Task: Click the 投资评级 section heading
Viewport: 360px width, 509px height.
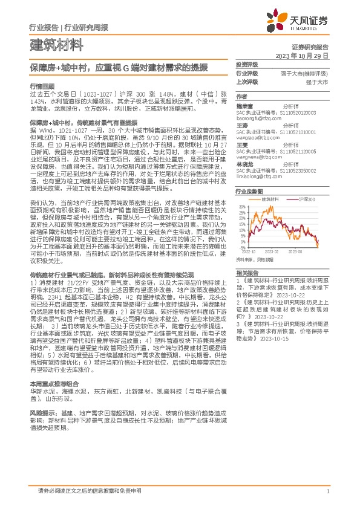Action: point(247,64)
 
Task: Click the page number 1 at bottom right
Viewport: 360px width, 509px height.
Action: point(327,492)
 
